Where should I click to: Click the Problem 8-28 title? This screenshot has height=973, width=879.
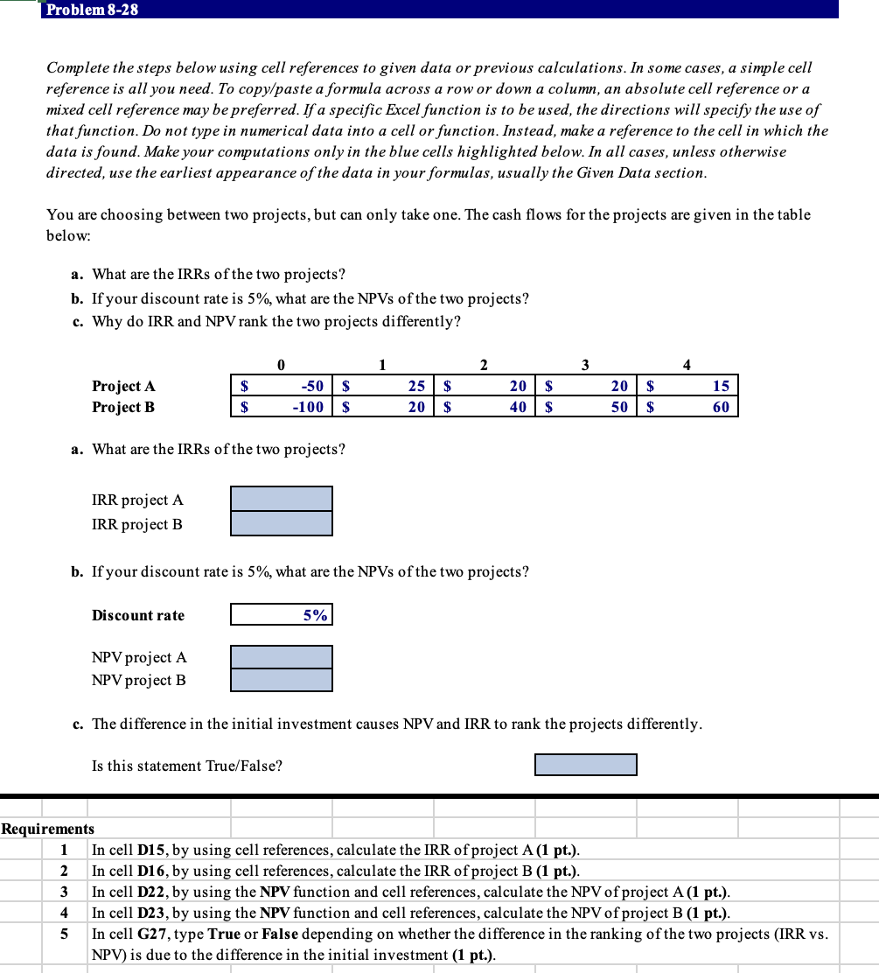tap(92, 10)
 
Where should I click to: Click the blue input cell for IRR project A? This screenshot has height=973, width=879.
tap(282, 499)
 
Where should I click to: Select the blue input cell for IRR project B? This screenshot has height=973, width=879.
tap(282, 523)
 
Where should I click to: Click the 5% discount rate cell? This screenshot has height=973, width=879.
tap(282, 615)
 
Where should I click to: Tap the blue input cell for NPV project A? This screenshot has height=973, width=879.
tap(282, 656)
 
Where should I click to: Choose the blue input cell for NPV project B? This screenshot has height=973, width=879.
tap(282, 680)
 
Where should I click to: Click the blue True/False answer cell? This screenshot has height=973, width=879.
tap(585, 765)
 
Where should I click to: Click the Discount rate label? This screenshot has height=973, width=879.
tap(138, 615)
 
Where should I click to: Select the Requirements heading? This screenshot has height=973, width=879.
tap(47, 829)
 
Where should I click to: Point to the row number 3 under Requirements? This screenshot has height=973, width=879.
tap(63, 892)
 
